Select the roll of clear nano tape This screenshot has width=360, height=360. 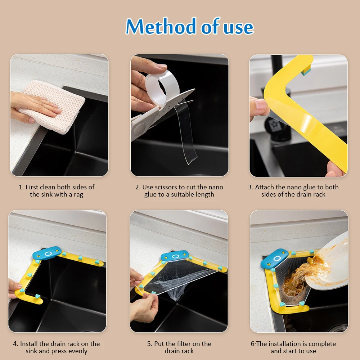click(162, 87)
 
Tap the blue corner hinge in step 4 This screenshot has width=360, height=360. click(47, 253)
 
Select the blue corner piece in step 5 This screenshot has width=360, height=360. click(175, 256)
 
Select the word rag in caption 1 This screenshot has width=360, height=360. click(78, 195)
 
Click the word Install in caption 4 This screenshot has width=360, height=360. click(29, 344)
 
